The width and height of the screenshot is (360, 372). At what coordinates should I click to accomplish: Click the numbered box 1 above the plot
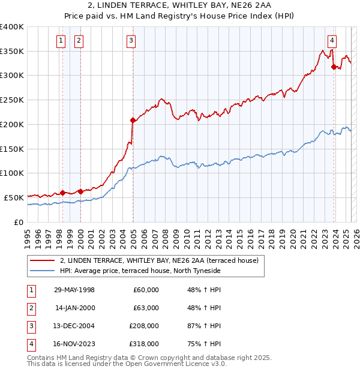pyautogui.click(x=61, y=41)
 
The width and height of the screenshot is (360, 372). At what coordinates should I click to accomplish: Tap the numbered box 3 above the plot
pyautogui.click(x=131, y=41)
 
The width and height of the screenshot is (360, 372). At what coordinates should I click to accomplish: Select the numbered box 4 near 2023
pyautogui.click(x=332, y=41)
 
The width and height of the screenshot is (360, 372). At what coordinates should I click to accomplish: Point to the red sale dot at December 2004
pyautogui.click(x=133, y=121)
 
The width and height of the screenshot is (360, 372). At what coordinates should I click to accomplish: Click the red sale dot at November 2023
pyautogui.click(x=334, y=67)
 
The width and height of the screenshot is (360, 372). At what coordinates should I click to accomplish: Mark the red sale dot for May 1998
pyautogui.click(x=62, y=193)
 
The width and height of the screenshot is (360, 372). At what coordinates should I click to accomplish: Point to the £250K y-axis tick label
pyautogui.click(x=13, y=100)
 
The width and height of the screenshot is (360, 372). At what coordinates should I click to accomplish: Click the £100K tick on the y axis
pyautogui.click(x=13, y=173)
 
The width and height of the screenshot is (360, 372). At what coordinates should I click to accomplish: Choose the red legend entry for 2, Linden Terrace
pyautogui.click(x=159, y=260)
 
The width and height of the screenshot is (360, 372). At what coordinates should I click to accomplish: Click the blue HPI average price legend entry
pyautogui.click(x=140, y=271)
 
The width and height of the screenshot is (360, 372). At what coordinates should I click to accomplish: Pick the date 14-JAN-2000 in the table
pyautogui.click(x=74, y=308)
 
